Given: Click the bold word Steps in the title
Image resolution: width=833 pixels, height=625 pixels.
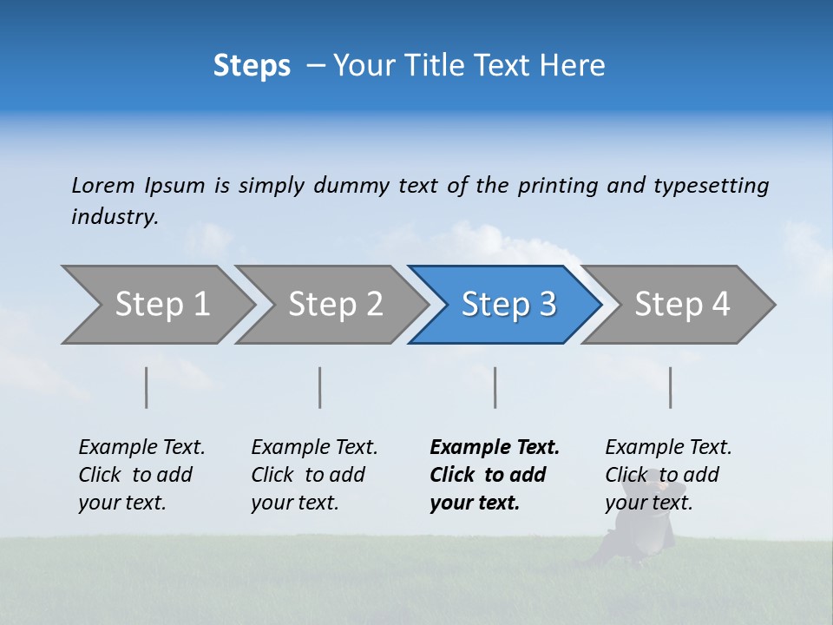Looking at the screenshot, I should click(252, 66).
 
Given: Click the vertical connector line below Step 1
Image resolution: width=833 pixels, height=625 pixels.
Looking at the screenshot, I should click(147, 387).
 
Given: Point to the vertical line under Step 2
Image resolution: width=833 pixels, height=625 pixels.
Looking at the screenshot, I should click(320, 387).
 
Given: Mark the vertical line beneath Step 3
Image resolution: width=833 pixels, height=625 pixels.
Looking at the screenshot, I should click(495, 387).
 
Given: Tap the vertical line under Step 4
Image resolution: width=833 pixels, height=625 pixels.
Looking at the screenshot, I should click(671, 387).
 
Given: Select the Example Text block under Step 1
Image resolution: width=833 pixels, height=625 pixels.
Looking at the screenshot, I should click(141, 475).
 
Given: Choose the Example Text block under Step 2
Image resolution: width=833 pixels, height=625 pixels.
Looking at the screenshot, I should click(314, 475).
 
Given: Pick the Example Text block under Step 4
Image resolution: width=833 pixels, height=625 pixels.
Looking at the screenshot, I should click(668, 475).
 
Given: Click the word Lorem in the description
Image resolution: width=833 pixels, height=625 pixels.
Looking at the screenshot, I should click(103, 186).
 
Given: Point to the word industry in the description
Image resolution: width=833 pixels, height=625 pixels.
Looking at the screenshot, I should click(115, 217).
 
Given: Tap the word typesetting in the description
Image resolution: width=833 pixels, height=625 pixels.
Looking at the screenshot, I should click(711, 186).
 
